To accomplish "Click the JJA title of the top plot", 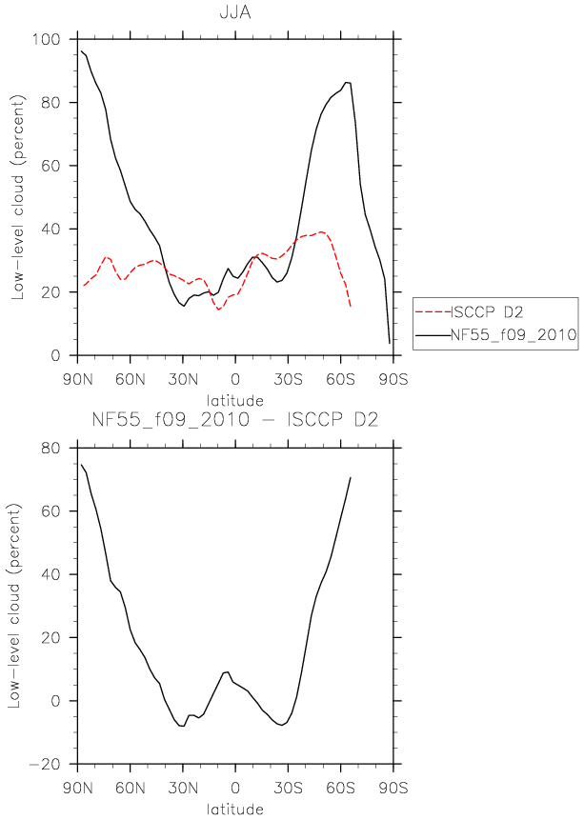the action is [235, 12].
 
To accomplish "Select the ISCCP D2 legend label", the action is [487, 312].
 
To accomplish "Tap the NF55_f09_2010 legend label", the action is [514, 334].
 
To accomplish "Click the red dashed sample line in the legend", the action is [433, 312].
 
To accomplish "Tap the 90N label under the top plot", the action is [77, 379].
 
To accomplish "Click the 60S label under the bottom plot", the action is [341, 788].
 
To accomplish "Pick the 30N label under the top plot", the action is [183, 379].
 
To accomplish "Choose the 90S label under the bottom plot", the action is [393, 788].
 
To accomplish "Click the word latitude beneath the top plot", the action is [235, 401].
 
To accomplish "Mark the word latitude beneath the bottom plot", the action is [235, 809].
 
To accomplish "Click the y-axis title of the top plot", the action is [18, 197].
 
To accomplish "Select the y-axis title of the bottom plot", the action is [14, 606].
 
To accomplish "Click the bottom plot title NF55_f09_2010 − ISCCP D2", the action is [235, 419].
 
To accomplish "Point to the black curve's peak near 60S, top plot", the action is [346, 82].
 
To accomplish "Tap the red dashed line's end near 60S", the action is [350, 307].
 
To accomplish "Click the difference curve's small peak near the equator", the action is [228, 672].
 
